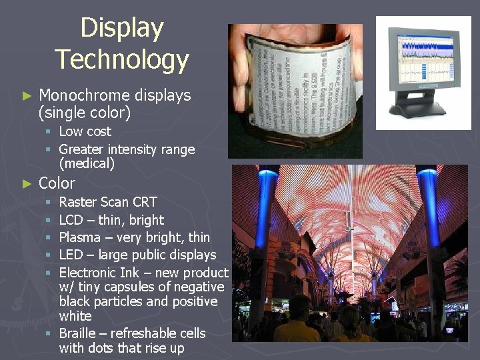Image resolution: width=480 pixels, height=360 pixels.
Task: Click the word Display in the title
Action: point(121,28)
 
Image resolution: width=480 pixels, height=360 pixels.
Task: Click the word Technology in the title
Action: point(121,59)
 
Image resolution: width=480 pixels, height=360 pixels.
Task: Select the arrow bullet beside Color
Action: point(27,183)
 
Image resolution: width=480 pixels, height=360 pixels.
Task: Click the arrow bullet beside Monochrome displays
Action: point(27,96)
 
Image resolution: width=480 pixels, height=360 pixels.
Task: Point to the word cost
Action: point(99,132)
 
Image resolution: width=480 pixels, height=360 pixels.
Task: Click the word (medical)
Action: point(87,163)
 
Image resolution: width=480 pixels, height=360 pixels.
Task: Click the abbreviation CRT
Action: point(144,202)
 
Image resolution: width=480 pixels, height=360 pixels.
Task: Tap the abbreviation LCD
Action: point(71,220)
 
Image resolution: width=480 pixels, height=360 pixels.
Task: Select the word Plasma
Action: point(80,237)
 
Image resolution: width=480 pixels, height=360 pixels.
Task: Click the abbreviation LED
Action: point(71,255)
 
